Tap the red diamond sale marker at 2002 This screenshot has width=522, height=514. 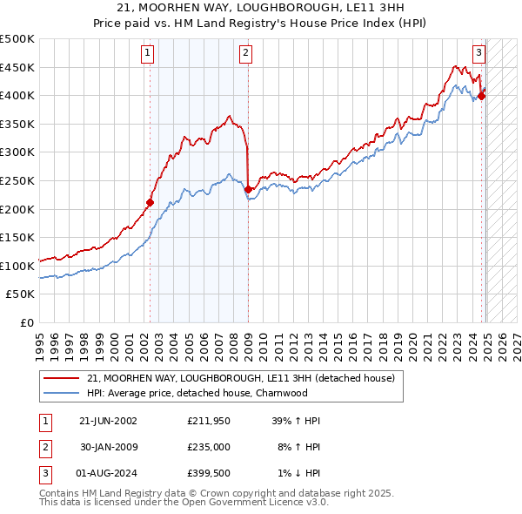150,202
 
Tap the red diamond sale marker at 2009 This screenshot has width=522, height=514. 248,189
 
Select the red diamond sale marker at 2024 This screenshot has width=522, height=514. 482,96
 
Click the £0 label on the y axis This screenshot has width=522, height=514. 26,322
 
